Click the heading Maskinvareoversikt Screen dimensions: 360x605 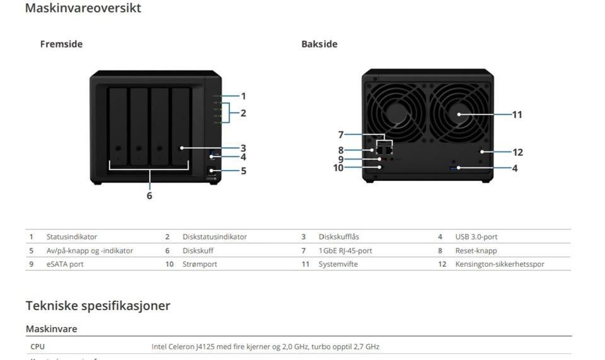(x=83, y=9)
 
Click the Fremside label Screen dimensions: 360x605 (x=61, y=44)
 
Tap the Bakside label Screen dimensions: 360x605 (x=319, y=44)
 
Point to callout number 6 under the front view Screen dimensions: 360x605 (x=149, y=195)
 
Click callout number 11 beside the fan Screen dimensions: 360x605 (x=517, y=115)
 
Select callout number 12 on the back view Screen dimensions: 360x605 (x=517, y=152)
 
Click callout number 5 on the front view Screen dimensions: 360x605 (x=243, y=170)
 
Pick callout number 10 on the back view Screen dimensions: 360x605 (x=338, y=168)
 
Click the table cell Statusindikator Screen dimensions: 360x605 (x=72, y=237)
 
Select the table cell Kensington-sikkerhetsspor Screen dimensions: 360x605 (x=500, y=264)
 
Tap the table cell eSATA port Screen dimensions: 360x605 (x=65, y=264)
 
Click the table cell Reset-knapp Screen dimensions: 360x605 (x=476, y=251)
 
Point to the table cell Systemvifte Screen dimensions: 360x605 (x=338, y=264)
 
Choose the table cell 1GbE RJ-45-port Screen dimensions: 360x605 (x=345, y=251)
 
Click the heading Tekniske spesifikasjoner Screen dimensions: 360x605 (x=98, y=306)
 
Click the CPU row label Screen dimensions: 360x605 (x=37, y=347)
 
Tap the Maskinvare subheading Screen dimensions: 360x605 (x=51, y=329)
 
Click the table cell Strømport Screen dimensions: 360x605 (x=200, y=264)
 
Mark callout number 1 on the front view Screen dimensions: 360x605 (x=243, y=96)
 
